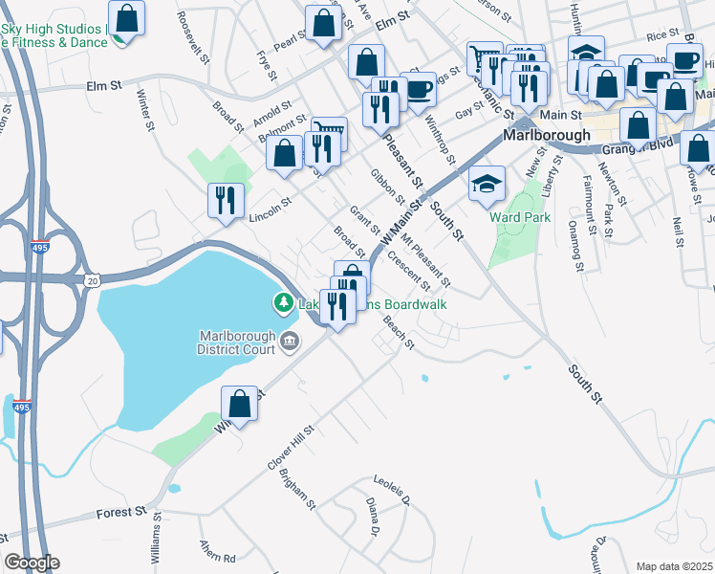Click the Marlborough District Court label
(236, 342)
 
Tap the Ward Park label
(520, 217)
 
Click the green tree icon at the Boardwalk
(283, 304)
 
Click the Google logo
(32, 563)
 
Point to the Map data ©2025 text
(674, 566)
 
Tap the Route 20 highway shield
(92, 279)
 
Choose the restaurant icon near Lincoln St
(225, 199)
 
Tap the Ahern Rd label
(217, 553)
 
